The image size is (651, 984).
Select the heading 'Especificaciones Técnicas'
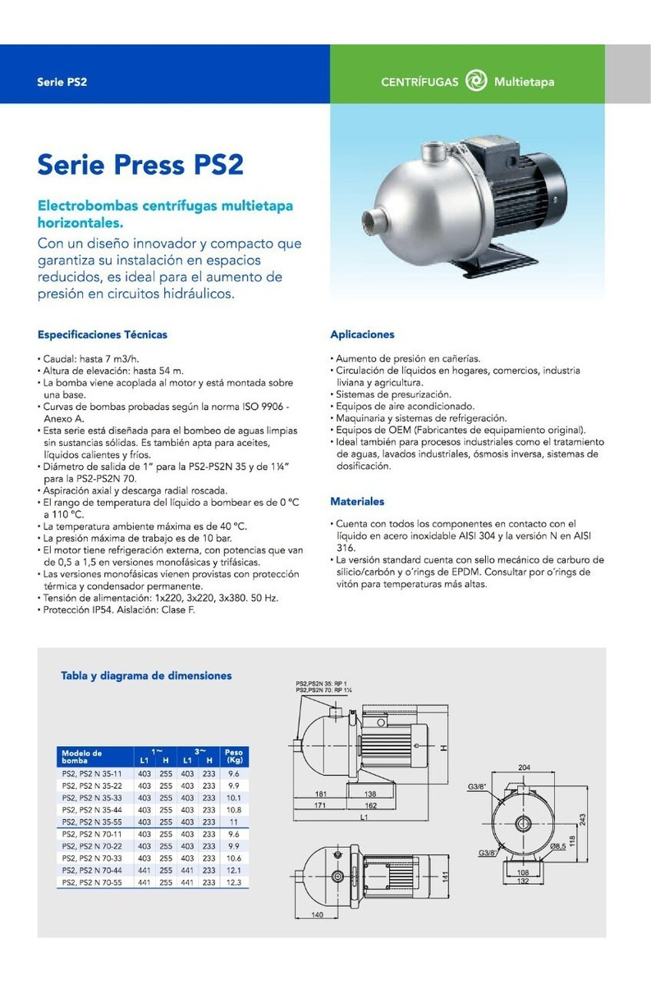tap(103, 335)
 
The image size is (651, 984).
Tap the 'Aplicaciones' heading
tap(362, 335)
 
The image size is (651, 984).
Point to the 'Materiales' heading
tap(357, 501)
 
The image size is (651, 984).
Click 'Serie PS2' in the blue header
tap(62, 83)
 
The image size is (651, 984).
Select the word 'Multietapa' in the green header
tap(524, 82)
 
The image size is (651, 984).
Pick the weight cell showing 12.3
tap(233, 881)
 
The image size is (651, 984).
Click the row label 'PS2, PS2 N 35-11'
tap(92, 773)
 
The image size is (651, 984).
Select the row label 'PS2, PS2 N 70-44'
tap(92, 869)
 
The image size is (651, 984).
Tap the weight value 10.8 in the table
tap(233, 809)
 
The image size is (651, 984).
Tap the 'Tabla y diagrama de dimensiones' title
tap(146, 676)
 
